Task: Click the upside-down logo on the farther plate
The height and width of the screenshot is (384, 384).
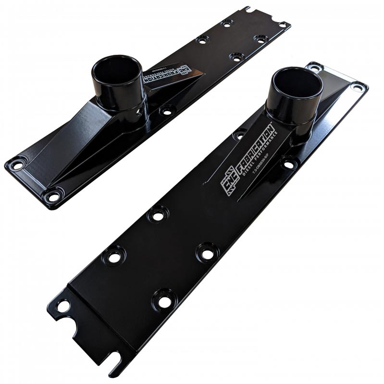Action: point(185,72)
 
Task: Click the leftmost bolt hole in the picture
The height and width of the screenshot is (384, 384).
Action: point(17,165)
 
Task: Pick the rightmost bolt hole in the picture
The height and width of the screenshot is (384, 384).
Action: point(358,87)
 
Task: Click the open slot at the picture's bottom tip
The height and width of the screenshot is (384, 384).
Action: point(116,360)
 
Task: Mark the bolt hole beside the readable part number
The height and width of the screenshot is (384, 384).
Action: point(289,164)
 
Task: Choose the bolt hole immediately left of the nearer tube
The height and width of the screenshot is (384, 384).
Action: point(238,136)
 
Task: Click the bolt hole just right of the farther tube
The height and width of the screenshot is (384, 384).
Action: point(167,111)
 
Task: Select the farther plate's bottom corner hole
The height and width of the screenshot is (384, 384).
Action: point(53,196)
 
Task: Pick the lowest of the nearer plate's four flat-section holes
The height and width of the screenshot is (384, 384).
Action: point(164,301)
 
